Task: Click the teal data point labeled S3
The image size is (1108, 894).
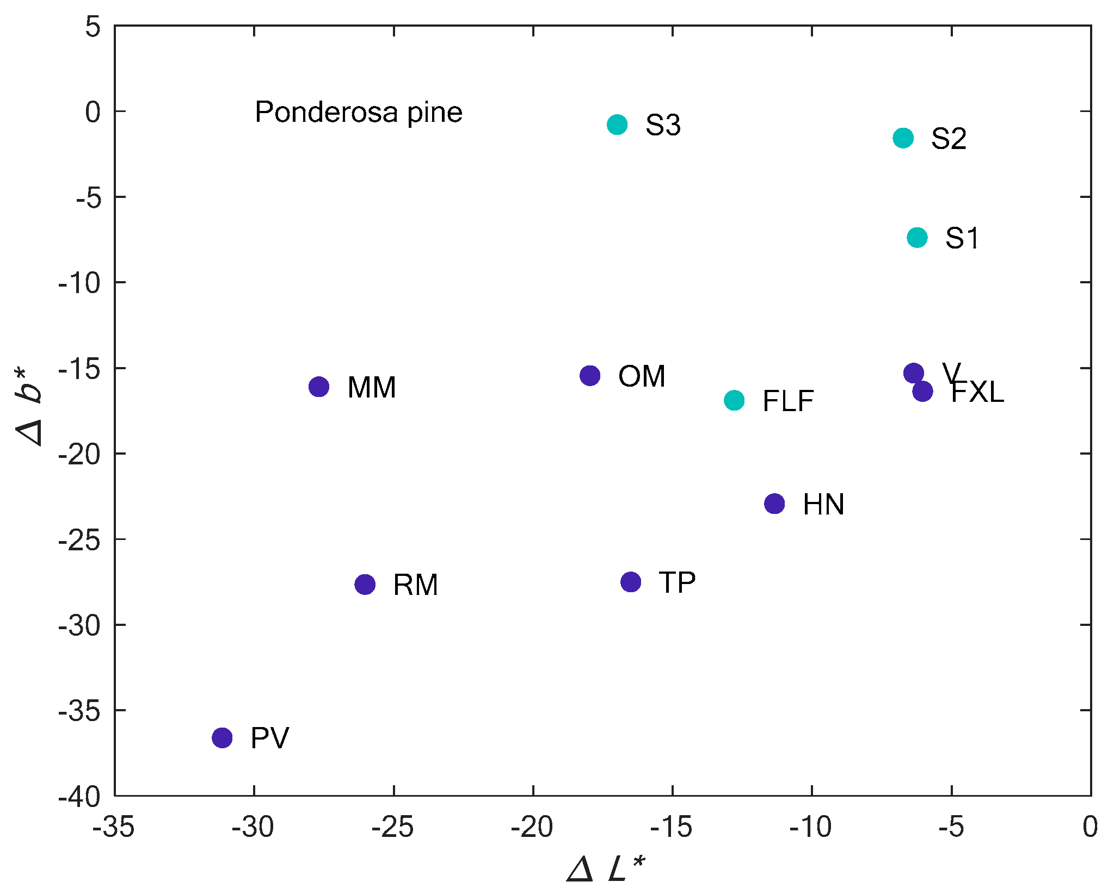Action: pos(617,125)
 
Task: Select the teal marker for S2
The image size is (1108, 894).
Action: pos(903,138)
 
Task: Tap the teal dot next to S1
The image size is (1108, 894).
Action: pos(918,238)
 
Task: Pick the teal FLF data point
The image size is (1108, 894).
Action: pos(734,401)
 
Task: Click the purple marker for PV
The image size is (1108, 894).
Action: pos(222,738)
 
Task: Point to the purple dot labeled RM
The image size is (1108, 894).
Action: pos(365,585)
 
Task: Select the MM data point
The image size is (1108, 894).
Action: pos(319,387)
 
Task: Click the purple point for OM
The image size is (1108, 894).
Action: pos(590,376)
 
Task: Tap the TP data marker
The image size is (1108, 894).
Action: pos(631,582)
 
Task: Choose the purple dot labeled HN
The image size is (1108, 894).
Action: pos(774,504)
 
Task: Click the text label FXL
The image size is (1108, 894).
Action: pos(977,392)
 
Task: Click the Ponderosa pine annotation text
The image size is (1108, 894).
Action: pos(359,113)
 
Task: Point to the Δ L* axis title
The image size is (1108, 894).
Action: pos(606,868)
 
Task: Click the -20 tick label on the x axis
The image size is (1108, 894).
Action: pos(532,828)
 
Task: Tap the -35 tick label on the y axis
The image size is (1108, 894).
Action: pos(80,711)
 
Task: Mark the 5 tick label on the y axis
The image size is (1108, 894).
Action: pos(93,27)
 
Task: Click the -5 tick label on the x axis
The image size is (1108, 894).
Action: pos(951,828)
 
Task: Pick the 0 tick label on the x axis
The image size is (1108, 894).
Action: pos(1090,828)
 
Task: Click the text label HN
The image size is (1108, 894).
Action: pos(823,505)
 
